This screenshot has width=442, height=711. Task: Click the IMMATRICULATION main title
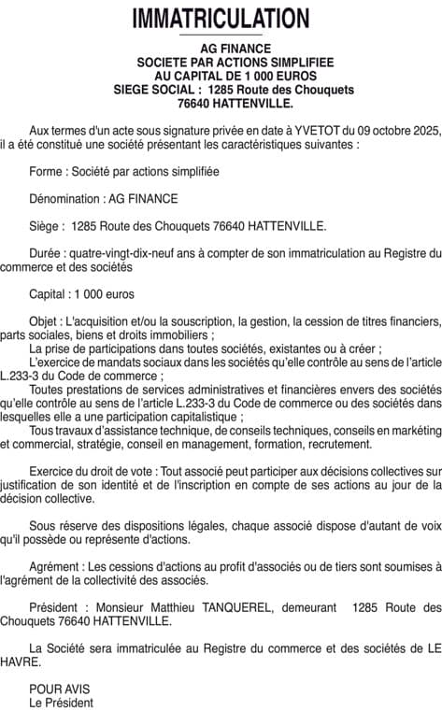click(221, 18)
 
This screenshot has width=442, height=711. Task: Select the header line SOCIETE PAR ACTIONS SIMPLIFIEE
click(221, 62)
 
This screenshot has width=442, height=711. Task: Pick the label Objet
click(46, 320)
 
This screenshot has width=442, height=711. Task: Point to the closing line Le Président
click(61, 701)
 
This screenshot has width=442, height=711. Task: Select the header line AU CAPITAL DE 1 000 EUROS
click(221, 75)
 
